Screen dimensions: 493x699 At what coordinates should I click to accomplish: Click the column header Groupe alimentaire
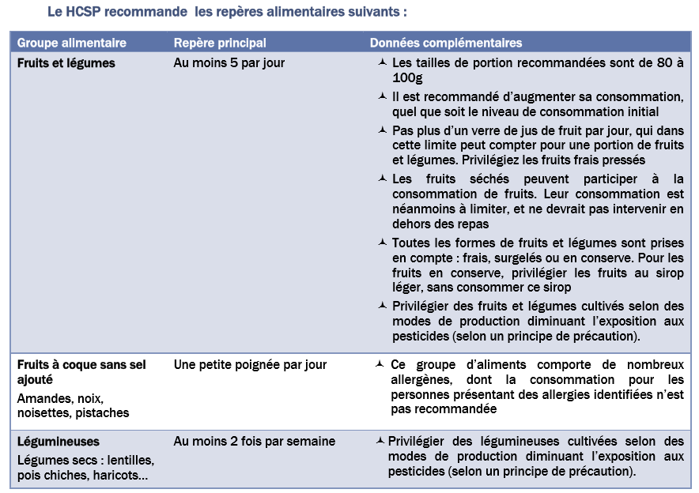pos(72,43)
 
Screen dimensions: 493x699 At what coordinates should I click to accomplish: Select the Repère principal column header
pos(220,43)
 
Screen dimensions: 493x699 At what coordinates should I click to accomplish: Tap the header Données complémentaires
pos(446,43)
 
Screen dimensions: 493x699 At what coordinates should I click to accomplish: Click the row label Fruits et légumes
pos(66,63)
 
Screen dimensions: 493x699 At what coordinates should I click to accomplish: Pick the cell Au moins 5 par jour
pos(229,63)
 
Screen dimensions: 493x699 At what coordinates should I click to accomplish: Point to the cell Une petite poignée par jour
pos(251,365)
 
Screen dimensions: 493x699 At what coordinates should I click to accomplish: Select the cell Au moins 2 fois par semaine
pos(255,442)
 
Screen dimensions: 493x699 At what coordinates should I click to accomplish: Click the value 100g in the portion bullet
pos(407,77)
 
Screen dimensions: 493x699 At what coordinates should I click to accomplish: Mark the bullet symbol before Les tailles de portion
pos(383,63)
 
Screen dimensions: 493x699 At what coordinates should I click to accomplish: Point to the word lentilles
pos(130,460)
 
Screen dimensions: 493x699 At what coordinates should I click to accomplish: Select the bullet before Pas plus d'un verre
pos(383,130)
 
